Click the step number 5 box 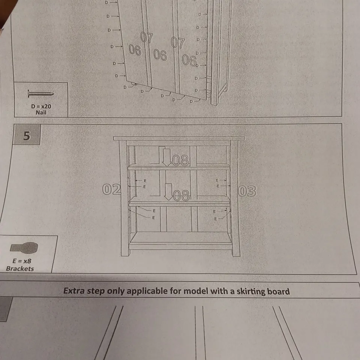pos(27,135)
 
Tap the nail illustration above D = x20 pos(41,94)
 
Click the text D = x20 pos(41,106)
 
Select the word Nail pos(41,112)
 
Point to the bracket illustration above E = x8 pos(24,248)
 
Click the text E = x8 pos(22,261)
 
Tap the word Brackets pos(20,268)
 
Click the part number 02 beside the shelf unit pos(112,189)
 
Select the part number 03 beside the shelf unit pos(247,191)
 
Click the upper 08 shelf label pos(181,160)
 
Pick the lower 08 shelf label pos(181,196)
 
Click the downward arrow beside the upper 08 pos(166,157)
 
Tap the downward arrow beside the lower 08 pos(169,192)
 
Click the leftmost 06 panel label pos(135,50)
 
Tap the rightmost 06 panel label pos(189,60)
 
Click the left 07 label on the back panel pos(147,37)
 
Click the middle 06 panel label pos(160,55)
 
